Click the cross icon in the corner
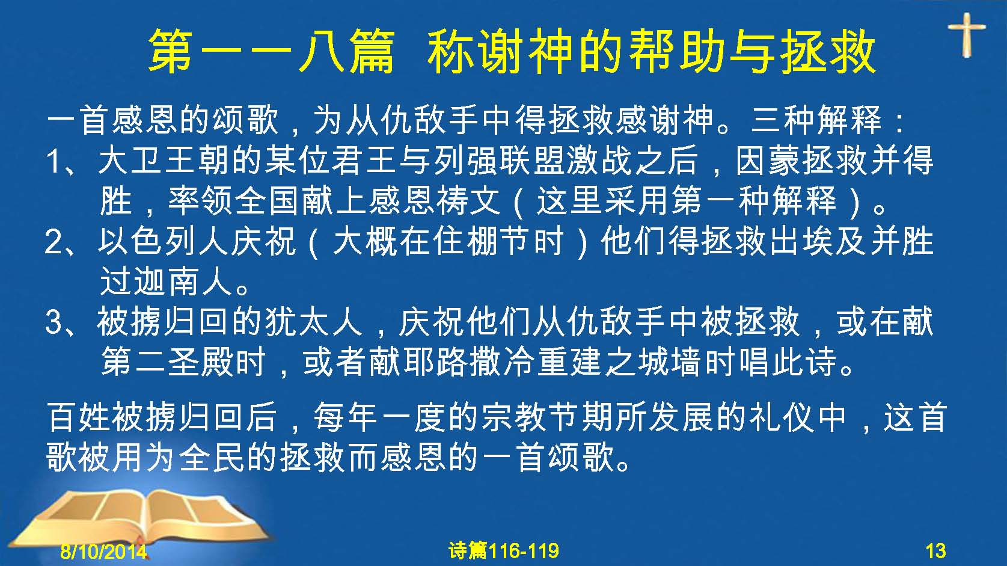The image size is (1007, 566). (x=966, y=35)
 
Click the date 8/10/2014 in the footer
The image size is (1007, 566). (x=103, y=551)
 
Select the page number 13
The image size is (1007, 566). (x=935, y=551)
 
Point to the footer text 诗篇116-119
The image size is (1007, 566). (x=504, y=551)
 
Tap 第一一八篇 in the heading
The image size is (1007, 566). (x=272, y=51)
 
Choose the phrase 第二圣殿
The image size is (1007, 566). (x=167, y=362)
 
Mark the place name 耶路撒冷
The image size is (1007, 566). (x=468, y=362)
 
